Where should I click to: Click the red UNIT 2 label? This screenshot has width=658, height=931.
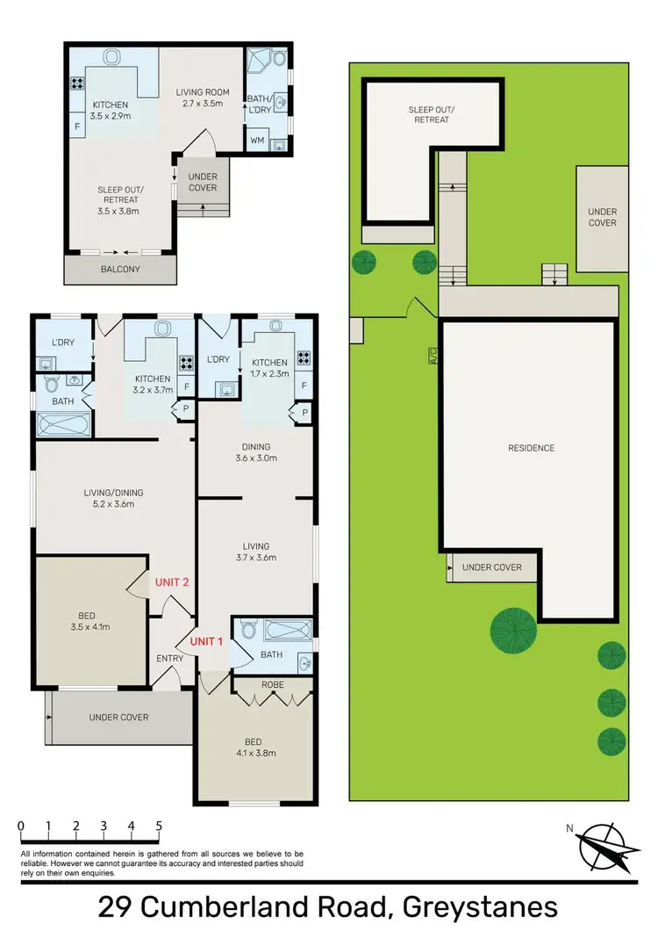click(172, 582)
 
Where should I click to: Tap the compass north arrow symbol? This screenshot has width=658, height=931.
click(604, 848)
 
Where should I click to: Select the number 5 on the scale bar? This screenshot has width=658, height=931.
click(159, 826)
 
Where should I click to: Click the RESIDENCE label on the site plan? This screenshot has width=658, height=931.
click(531, 448)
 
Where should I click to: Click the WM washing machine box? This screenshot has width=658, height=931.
click(257, 140)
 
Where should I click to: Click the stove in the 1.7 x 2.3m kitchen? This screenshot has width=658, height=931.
click(304, 357)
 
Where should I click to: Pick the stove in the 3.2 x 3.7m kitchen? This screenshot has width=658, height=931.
click(185, 360)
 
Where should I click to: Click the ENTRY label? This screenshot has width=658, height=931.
click(169, 659)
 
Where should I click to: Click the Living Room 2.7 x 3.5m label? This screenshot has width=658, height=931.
click(200, 97)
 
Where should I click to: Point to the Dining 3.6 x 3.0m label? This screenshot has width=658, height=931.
click(255, 452)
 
